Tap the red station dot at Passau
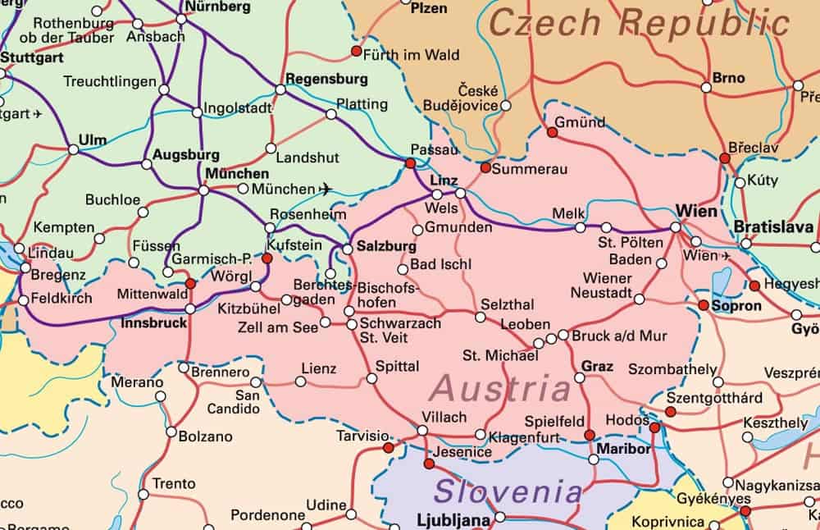point(410,163)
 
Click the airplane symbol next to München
point(326,189)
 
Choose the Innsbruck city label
point(153,323)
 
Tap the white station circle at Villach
point(422,430)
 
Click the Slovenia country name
point(508,492)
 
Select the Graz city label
point(597,366)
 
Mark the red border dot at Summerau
point(485,167)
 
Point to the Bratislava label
point(773,226)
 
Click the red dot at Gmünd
point(552,131)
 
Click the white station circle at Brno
point(706,87)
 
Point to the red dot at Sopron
point(704,304)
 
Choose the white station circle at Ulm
point(73,149)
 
